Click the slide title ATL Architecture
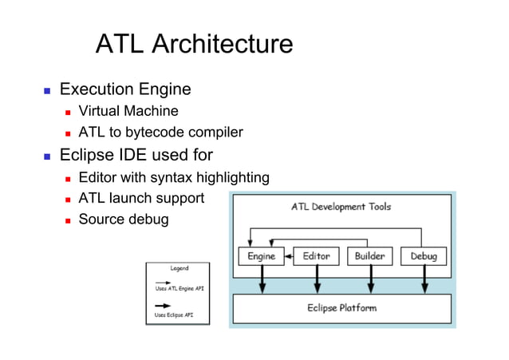click(194, 43)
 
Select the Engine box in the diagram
click(262, 256)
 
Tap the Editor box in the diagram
click(317, 256)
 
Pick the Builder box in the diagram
click(370, 256)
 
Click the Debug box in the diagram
click(424, 256)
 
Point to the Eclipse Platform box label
click(341, 307)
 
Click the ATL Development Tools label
click(341, 208)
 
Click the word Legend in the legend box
click(178, 268)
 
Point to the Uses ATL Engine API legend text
click(177, 289)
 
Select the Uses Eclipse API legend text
click(174, 315)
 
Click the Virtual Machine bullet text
click(128, 111)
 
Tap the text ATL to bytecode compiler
click(160, 132)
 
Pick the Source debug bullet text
click(123, 219)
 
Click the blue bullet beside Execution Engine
click(47, 90)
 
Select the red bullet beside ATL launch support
click(69, 199)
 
